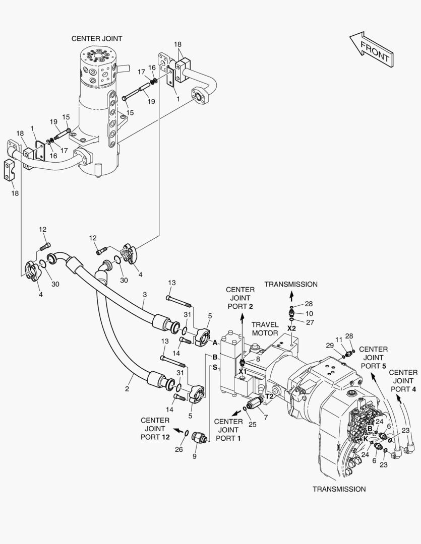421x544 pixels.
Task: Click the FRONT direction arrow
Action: pos(371,49)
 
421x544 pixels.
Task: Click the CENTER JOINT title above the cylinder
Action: pos(97,38)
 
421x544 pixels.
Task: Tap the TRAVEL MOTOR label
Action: pos(265,329)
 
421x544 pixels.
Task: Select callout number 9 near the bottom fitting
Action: pos(195,456)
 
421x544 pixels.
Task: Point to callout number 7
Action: pos(266,418)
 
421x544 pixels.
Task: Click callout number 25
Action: pos(253,424)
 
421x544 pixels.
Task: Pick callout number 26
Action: pos(179,449)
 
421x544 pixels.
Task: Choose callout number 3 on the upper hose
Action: pos(145,295)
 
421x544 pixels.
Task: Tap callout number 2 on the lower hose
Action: pos(127,389)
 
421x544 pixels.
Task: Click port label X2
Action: pos(291,328)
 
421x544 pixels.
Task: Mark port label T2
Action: pos(270,396)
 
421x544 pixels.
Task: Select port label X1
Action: pos(243,372)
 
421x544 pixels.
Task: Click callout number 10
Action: pos(309,314)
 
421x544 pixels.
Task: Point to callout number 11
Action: pos(339,339)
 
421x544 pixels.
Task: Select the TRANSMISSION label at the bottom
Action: pos(339,489)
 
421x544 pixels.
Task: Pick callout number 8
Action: pos(258,360)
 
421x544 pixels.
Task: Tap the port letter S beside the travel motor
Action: pos(215,367)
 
